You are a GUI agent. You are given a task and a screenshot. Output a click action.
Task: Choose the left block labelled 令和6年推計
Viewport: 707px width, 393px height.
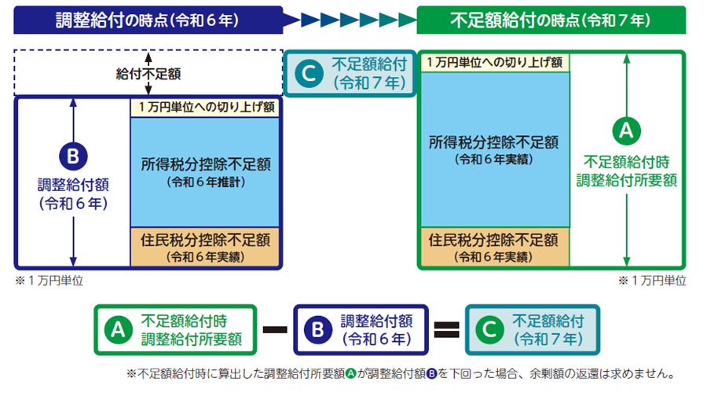[206, 171]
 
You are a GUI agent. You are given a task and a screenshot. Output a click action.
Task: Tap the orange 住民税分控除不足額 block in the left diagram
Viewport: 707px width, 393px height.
[206, 246]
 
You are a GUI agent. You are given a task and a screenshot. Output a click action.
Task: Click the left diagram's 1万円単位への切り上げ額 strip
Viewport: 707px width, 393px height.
[206, 108]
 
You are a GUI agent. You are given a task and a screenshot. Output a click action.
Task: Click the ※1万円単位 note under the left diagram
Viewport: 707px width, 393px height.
[48, 280]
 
